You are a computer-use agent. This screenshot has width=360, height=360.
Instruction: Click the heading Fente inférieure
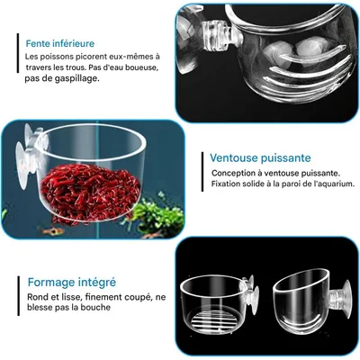[x=60, y=43]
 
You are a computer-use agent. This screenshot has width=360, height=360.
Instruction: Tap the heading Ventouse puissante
[x=260, y=157]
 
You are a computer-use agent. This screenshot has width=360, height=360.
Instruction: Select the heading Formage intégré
[x=72, y=283]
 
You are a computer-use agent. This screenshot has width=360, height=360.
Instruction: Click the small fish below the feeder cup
[x=51, y=231]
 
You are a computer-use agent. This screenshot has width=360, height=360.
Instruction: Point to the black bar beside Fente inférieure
[x=18, y=53]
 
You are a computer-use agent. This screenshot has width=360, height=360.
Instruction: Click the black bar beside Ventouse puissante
[x=202, y=172]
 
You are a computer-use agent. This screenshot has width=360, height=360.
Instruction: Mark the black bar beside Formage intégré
[x=19, y=296]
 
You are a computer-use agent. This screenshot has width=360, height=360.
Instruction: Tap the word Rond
[x=37, y=297]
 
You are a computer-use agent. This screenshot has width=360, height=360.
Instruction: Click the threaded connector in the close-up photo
[x=218, y=37]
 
